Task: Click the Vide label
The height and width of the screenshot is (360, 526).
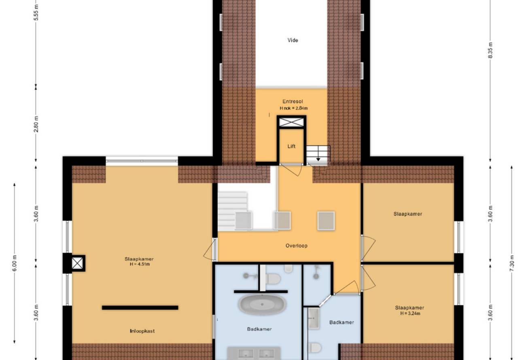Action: (x=293, y=40)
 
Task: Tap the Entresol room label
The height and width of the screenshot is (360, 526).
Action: (x=293, y=102)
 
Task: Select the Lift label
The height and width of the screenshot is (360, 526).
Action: (x=291, y=146)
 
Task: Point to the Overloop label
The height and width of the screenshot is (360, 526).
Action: (x=296, y=246)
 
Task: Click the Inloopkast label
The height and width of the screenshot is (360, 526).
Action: (x=142, y=331)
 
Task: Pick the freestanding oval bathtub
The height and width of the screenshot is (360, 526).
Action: (x=262, y=304)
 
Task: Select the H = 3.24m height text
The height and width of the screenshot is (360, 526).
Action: (x=410, y=313)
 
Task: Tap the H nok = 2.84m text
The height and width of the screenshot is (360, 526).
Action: (x=293, y=108)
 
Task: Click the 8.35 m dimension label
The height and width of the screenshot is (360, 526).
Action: (x=490, y=50)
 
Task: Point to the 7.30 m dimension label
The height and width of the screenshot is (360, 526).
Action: (x=511, y=263)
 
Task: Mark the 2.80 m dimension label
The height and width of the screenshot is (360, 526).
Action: (x=36, y=124)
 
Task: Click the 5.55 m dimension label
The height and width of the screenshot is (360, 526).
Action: (x=36, y=12)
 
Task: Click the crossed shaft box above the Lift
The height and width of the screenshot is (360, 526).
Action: (x=291, y=122)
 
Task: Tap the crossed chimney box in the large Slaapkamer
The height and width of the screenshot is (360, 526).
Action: (x=77, y=263)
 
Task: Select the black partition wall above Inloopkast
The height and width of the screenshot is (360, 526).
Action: (x=140, y=307)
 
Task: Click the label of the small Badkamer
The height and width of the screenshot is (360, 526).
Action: (x=341, y=322)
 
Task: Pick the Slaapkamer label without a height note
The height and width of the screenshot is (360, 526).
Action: (x=408, y=214)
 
